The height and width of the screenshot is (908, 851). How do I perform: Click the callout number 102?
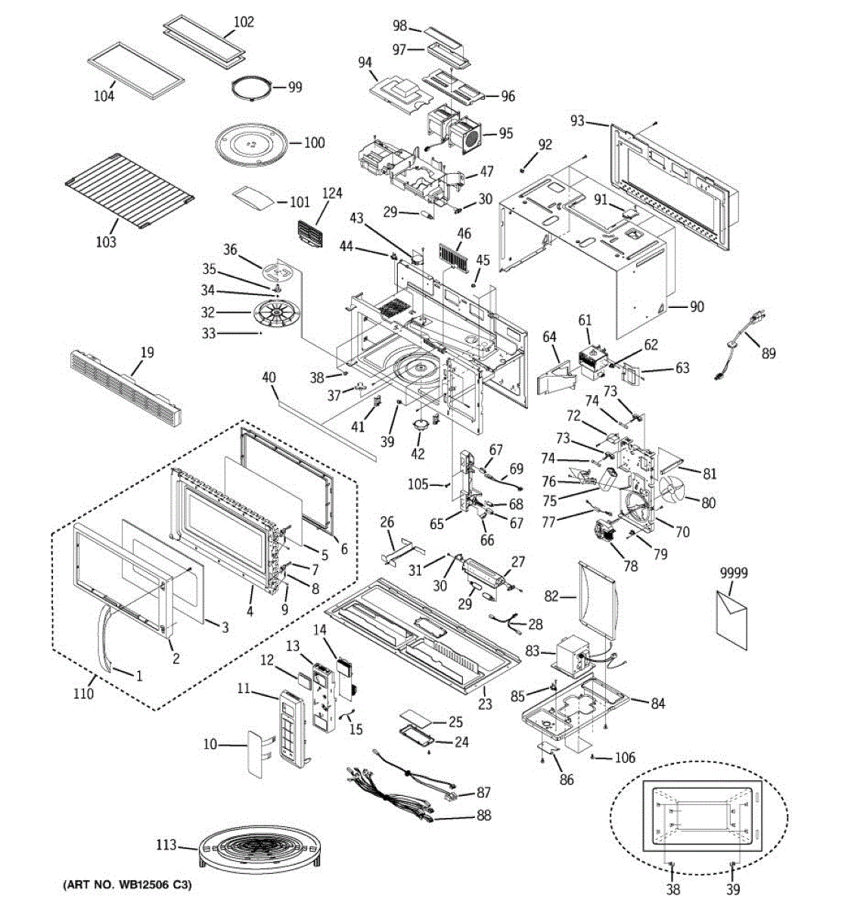tap(244, 22)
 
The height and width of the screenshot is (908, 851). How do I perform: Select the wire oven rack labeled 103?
tap(129, 190)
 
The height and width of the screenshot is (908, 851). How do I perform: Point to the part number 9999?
tap(734, 572)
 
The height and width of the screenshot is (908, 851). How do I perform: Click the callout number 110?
tap(83, 694)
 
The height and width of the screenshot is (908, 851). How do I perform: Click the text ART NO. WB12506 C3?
tap(127, 885)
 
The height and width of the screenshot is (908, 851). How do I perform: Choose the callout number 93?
tap(578, 121)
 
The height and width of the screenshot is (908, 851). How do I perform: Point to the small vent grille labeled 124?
tap(310, 233)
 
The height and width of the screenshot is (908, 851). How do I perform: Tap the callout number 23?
tap(485, 704)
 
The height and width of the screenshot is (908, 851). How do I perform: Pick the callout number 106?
tap(625, 757)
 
